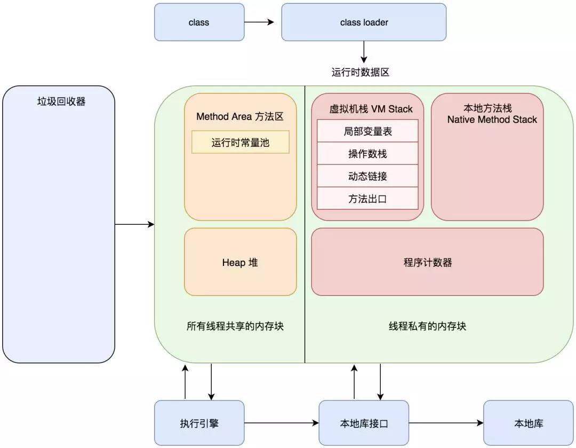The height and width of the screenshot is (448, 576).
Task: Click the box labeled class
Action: (199, 22)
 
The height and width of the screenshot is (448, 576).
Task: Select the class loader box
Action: (364, 22)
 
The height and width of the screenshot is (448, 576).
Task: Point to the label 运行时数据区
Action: (361, 72)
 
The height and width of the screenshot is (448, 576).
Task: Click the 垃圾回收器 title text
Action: (61, 101)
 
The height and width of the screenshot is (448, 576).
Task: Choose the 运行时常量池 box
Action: (240, 143)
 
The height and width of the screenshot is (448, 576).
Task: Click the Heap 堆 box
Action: (240, 262)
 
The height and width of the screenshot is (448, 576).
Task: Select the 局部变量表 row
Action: (367, 131)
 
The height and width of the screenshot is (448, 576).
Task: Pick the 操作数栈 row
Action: (367, 154)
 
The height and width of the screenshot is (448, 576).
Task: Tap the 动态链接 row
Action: (367, 176)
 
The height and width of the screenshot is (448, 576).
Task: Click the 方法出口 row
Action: (367, 199)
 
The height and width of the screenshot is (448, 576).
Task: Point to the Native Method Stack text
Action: (492, 120)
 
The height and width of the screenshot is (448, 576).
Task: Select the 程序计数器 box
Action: (427, 262)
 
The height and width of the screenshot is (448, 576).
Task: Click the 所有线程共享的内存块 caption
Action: (235, 326)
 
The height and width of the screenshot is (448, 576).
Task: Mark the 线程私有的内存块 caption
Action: (427, 326)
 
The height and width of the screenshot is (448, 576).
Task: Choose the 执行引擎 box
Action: (199, 423)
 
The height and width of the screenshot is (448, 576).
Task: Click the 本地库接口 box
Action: (364, 423)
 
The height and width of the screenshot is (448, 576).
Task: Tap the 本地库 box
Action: (529, 423)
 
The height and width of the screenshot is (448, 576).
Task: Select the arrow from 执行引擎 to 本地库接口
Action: (282, 423)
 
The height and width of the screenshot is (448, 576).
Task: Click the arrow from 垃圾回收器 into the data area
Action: (134, 225)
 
